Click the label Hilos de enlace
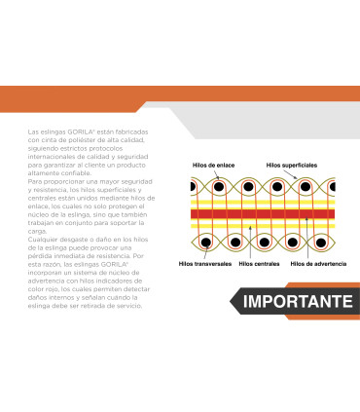pos(213,166)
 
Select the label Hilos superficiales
pos(292,166)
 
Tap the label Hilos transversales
pos(205,264)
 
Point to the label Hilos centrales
pos(259,264)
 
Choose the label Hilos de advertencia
pos(318,264)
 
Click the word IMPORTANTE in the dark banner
pos(298,301)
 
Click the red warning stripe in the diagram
pos(263,214)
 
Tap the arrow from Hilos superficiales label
pos(291,174)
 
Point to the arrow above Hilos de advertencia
pos(306,238)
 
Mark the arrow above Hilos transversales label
pos(205,253)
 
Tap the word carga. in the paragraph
pos(37,232)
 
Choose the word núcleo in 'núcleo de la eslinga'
pos(38,215)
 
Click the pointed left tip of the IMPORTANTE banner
pos(231,301)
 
